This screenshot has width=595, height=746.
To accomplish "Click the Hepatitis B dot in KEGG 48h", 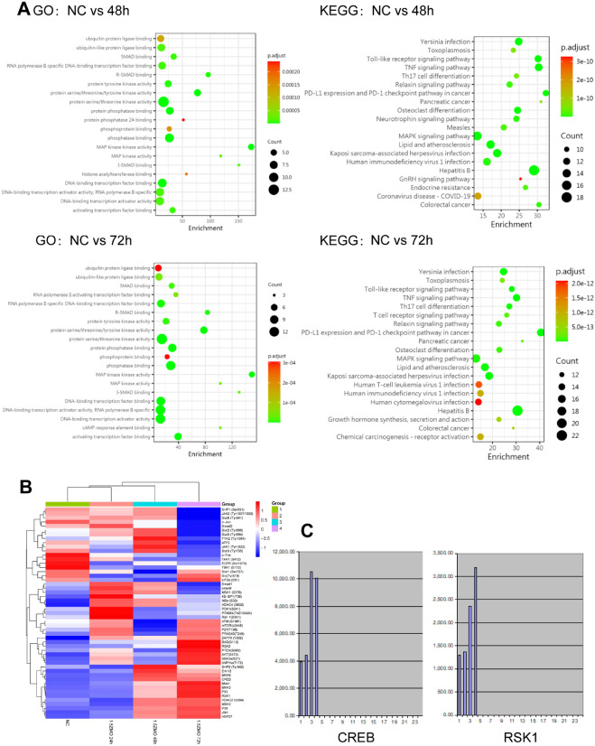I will [534, 171].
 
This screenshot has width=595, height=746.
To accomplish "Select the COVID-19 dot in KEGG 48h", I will [478, 196].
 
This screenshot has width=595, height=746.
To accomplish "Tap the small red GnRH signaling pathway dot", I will [521, 179].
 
